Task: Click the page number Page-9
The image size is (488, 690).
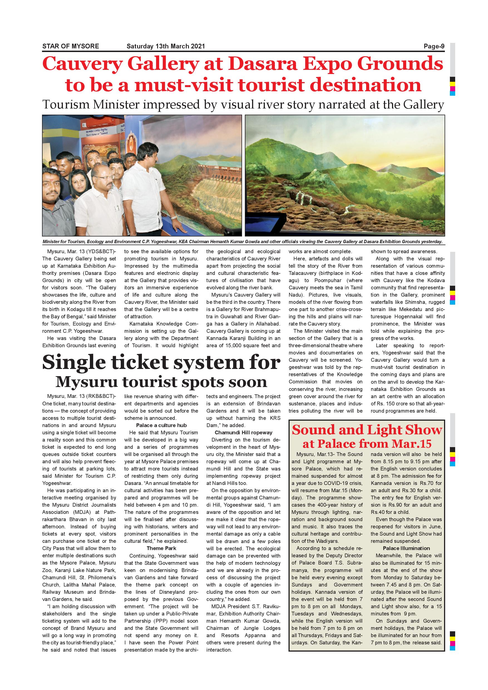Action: coord(434,46)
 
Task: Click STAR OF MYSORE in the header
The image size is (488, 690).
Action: coord(71,46)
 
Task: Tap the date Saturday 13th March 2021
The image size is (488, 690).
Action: coord(166,46)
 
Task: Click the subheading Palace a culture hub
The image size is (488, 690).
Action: coord(161,425)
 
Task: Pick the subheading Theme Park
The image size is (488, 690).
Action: coord(161,548)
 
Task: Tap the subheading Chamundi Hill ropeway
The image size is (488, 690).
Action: coord(243,432)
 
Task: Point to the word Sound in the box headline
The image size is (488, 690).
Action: coord(313,430)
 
